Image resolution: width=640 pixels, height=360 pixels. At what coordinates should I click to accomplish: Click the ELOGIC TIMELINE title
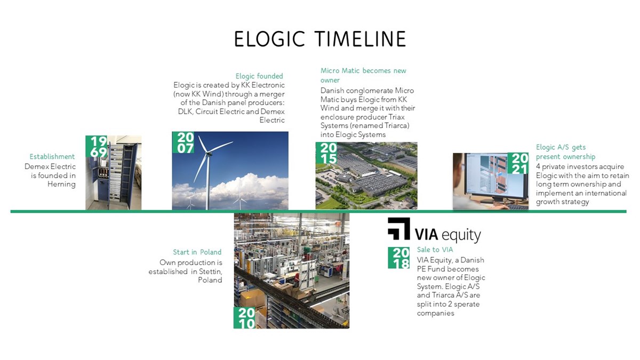(x=320, y=39)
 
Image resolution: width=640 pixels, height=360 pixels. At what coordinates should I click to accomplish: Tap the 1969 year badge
(x=97, y=146)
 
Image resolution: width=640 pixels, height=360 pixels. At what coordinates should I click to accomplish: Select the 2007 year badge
(x=183, y=142)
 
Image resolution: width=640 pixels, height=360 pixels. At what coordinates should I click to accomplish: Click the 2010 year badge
(x=245, y=318)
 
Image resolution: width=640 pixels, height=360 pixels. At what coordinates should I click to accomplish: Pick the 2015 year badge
(x=326, y=153)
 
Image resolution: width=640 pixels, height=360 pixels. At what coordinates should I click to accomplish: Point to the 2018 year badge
(x=399, y=258)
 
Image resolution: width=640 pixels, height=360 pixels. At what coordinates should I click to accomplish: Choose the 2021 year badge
(x=518, y=163)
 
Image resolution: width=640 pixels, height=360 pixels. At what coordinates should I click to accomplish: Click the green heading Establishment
(x=52, y=157)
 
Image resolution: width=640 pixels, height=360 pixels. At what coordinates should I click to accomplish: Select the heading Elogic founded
(x=259, y=76)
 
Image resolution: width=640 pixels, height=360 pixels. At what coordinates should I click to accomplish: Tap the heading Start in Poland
(x=197, y=252)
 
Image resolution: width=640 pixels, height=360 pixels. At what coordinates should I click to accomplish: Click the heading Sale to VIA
(x=435, y=250)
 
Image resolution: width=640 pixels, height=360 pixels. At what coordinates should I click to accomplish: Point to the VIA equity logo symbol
(x=399, y=229)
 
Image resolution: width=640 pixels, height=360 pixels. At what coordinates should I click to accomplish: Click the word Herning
(x=61, y=185)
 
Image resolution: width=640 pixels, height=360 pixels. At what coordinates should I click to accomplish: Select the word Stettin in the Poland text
(x=210, y=271)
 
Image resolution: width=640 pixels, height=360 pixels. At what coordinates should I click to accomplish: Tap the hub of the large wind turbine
(x=209, y=154)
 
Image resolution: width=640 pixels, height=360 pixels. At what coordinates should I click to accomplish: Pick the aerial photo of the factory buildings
(x=366, y=175)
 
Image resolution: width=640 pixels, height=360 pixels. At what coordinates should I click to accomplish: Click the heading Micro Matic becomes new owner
(x=363, y=75)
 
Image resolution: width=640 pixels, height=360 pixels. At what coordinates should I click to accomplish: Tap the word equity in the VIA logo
(x=461, y=235)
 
